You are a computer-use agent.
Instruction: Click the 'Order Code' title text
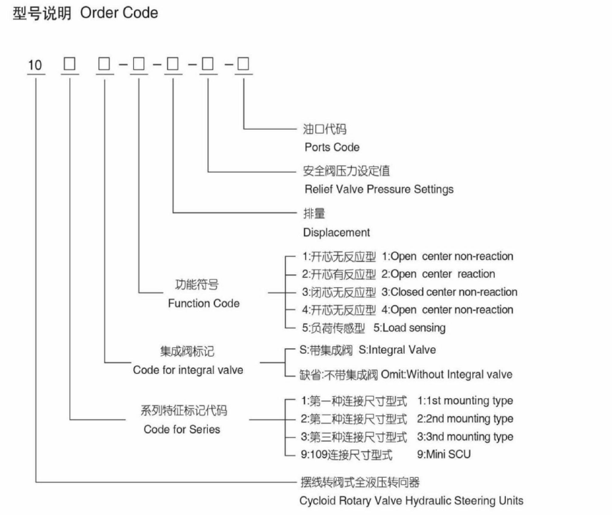click(x=119, y=13)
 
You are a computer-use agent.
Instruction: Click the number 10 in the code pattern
click(x=34, y=64)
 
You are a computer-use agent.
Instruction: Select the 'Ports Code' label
click(x=332, y=147)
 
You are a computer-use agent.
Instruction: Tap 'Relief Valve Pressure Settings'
click(x=379, y=189)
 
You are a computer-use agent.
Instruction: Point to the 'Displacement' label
click(x=336, y=233)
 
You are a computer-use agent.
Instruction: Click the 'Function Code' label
click(x=204, y=303)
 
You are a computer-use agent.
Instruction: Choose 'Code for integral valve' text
click(x=188, y=370)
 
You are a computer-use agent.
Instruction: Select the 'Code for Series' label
click(x=182, y=429)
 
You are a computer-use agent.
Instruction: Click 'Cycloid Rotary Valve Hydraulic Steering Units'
click(x=411, y=501)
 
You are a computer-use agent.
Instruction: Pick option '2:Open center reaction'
click(x=438, y=274)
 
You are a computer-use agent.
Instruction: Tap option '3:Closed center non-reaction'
click(x=449, y=292)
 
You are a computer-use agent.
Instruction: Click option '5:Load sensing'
click(x=409, y=328)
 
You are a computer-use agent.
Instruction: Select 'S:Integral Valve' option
click(x=397, y=350)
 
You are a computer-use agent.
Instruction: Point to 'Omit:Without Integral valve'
click(x=446, y=375)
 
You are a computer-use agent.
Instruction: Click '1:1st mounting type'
click(x=465, y=400)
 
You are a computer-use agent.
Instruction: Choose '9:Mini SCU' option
click(x=444, y=454)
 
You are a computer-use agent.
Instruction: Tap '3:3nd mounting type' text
click(x=465, y=437)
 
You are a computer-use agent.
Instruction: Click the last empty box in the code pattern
click(x=243, y=64)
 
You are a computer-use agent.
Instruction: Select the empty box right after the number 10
click(x=70, y=64)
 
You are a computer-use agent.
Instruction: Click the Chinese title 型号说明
click(x=42, y=14)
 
